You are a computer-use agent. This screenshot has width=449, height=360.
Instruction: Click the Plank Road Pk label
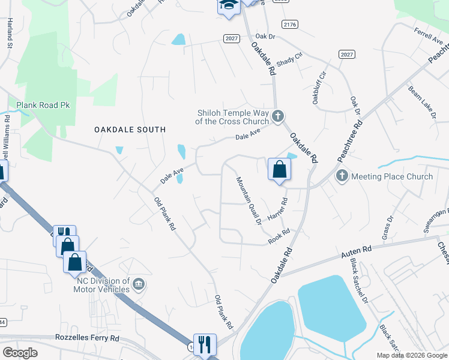pos(43,105)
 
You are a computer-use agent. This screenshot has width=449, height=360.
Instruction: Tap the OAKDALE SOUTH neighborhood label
pos(129,130)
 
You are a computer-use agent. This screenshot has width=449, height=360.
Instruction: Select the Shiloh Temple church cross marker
pos(277,116)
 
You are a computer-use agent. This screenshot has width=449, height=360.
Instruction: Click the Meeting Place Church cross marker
pos(342,176)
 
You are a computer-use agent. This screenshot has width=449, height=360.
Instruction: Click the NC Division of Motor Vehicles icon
pos(139,283)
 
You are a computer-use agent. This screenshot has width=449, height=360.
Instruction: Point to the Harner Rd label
pos(279,209)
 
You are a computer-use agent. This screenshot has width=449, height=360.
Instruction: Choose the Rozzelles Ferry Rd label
pos(87,338)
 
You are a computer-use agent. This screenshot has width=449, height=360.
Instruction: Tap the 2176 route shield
pos(289,24)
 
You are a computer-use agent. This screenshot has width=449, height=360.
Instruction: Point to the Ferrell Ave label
pos(428,36)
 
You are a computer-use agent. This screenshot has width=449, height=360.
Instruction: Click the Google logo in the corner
pos(20,353)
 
